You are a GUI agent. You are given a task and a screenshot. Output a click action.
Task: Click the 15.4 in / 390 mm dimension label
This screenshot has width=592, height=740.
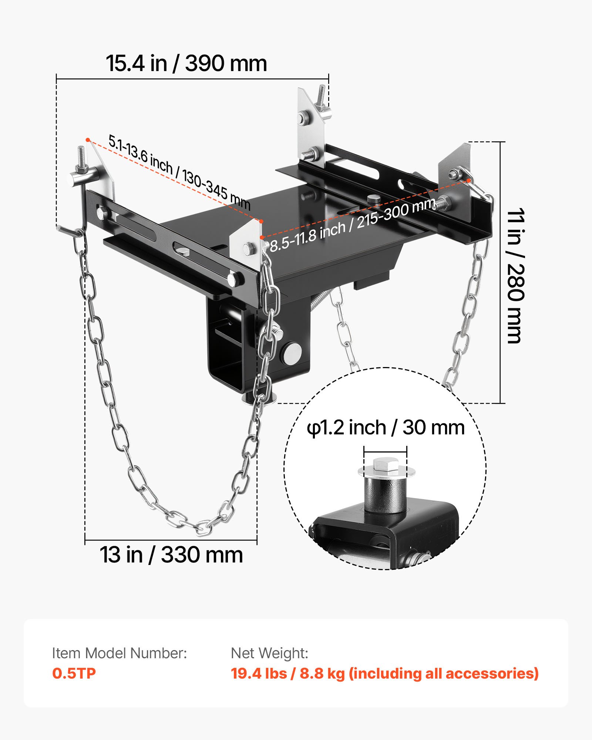186,63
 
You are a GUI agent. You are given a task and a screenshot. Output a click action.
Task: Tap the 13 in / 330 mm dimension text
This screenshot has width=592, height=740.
171,555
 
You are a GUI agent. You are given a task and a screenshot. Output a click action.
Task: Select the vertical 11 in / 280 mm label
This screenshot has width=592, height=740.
515,276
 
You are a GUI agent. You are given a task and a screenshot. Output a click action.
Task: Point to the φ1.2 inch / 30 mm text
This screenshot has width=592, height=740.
386,428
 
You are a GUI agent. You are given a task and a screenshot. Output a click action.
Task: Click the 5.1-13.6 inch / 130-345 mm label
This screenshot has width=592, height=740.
179,172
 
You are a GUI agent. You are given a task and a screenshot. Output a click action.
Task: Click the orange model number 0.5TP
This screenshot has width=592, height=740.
74,673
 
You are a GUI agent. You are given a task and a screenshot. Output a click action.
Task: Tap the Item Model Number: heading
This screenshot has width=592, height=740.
119,653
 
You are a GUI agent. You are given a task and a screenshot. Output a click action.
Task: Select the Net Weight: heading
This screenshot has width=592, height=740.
269,653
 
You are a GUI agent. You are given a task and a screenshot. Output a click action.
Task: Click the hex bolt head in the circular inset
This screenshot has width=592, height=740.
386,465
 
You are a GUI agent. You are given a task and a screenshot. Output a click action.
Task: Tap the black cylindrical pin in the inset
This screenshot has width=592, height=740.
386,494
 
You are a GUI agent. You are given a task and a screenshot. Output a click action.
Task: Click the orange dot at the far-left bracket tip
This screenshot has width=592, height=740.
88,139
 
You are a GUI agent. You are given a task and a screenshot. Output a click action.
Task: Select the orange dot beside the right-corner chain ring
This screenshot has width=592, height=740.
469,180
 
